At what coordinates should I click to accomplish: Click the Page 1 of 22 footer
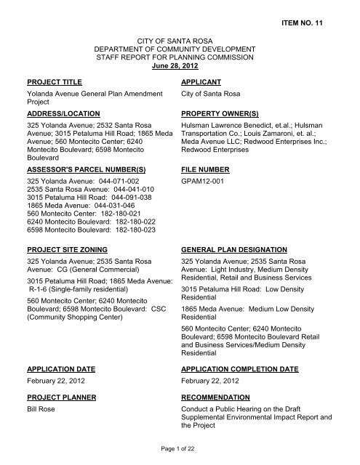pos(179,453)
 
